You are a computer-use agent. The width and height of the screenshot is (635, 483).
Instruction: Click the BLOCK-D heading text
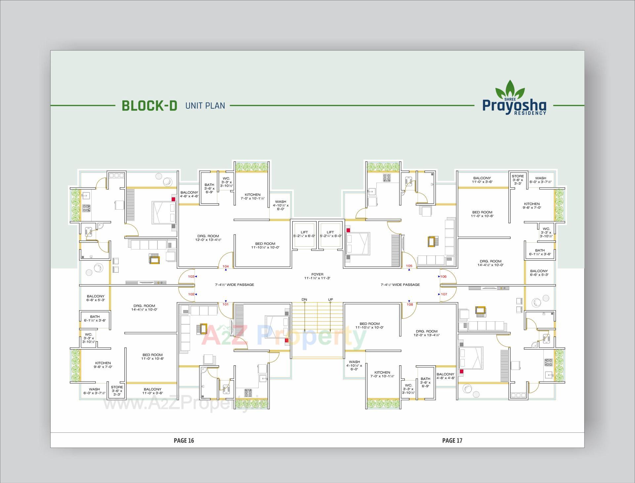[149, 105]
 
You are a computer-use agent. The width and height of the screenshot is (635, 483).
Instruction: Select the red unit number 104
[226, 266]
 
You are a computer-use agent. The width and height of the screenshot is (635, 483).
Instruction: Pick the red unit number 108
[410, 304]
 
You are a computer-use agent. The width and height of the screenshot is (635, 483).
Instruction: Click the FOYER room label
[317, 274]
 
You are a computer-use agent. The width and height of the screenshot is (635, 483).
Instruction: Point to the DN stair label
[304, 300]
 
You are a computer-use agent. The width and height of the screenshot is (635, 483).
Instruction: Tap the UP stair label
[330, 300]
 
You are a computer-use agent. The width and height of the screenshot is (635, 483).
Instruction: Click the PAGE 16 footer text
[184, 440]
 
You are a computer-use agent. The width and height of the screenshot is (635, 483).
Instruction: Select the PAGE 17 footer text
[452, 440]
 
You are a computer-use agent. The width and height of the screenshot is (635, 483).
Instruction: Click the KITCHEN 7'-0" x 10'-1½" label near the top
[253, 196]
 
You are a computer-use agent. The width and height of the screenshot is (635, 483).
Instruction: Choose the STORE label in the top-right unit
[518, 176]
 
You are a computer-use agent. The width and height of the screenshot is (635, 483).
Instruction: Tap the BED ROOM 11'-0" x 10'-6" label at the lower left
[153, 356]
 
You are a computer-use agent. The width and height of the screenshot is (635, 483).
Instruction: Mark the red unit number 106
[444, 276]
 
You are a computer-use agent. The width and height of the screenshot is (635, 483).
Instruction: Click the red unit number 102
[191, 294]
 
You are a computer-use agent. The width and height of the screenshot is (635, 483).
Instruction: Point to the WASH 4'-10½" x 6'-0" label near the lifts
[280, 205]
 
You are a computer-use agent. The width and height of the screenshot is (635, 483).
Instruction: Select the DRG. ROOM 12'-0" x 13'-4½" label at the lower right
[427, 333]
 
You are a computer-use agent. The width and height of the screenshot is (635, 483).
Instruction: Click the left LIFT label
[304, 232]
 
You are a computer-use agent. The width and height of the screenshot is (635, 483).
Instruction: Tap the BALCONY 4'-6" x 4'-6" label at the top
[189, 194]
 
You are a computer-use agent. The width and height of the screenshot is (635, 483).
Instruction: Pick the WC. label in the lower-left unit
[89, 335]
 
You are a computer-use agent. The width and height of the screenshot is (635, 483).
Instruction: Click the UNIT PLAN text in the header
[205, 106]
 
